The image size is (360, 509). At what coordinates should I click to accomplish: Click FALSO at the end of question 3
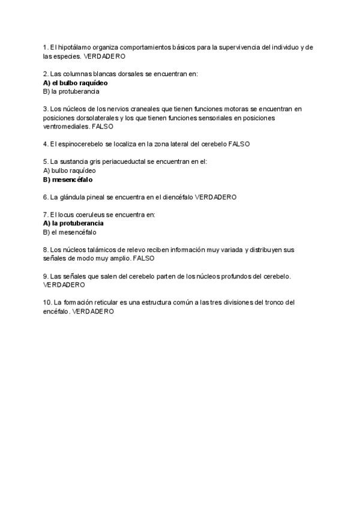(103, 127)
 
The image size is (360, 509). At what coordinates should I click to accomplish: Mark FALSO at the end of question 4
(239, 144)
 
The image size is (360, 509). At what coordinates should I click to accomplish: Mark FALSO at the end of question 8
(143, 258)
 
